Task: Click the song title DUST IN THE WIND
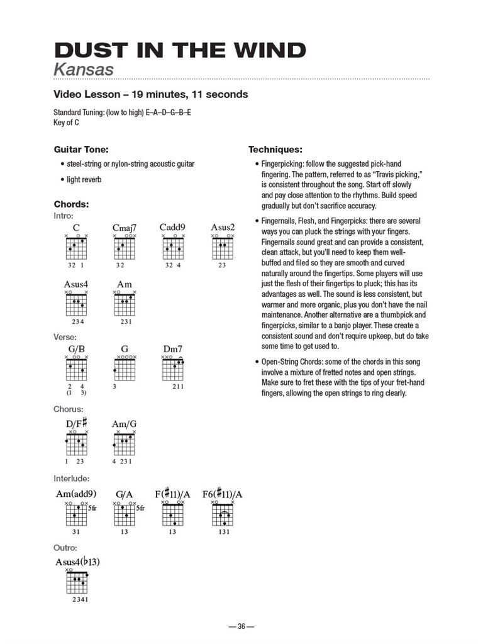(x=180, y=50)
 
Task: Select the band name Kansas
(x=84, y=69)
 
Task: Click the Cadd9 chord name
(x=172, y=227)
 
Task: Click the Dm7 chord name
(x=172, y=348)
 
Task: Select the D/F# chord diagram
(x=76, y=445)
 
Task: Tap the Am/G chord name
(x=124, y=425)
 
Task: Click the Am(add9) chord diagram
(x=76, y=516)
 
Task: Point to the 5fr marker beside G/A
(x=140, y=508)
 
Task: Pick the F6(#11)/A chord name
(x=222, y=494)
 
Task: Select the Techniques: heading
(x=275, y=150)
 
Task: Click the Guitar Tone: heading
(x=81, y=150)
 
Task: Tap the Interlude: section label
(x=71, y=479)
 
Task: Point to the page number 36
(x=241, y=626)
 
